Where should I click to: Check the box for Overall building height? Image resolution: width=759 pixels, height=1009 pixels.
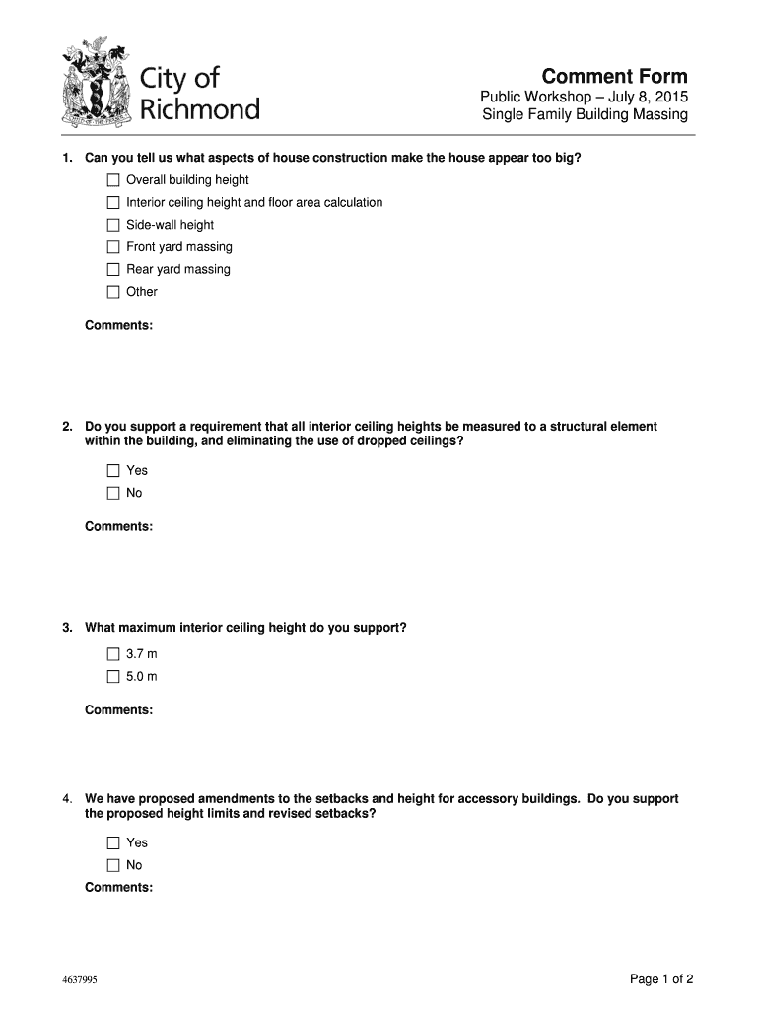[113, 180]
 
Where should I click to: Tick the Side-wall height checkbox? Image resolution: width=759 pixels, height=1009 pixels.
[113, 225]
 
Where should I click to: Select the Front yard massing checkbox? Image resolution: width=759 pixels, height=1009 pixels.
[113, 247]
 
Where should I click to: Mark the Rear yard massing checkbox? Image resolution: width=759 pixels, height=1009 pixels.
[113, 269]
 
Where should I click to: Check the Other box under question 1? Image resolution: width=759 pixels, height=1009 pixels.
[113, 292]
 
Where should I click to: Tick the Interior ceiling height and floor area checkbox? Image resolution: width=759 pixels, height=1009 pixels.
[113, 203]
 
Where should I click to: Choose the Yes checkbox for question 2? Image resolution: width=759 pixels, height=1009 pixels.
[113, 470]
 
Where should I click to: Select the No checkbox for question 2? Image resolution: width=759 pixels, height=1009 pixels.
[113, 493]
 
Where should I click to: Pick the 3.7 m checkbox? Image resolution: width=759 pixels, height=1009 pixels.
[113, 654]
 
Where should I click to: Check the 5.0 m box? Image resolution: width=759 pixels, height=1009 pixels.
[113, 677]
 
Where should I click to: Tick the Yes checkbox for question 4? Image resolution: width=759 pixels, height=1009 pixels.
[113, 842]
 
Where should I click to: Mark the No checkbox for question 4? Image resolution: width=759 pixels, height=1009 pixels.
[113, 865]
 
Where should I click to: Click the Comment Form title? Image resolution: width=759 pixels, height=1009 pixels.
[614, 77]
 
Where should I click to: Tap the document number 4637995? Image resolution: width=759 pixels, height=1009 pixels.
[78, 980]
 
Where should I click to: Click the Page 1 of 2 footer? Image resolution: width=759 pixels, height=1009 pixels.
[662, 978]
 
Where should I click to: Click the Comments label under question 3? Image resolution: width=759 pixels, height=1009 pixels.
[118, 710]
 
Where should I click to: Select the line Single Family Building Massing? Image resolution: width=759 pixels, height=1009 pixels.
[585, 116]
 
